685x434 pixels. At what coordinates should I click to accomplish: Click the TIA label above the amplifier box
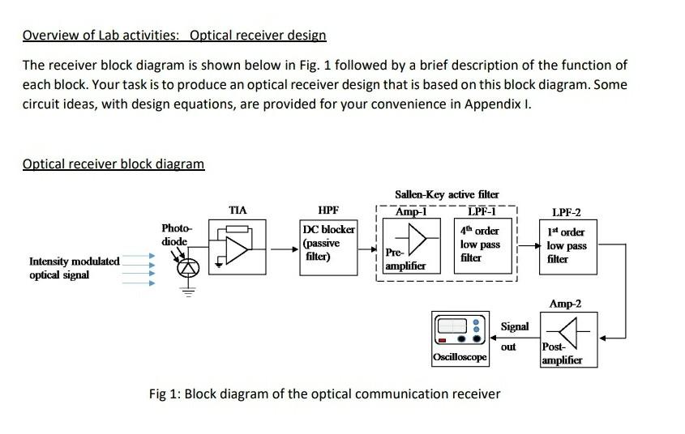(238, 210)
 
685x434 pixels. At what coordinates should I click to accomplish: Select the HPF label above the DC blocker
(328, 210)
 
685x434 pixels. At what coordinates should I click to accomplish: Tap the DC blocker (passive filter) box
(328, 243)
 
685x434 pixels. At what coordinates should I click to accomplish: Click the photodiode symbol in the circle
(188, 268)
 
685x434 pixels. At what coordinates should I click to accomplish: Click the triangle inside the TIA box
(238, 251)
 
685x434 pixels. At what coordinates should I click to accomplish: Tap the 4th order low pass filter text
(480, 244)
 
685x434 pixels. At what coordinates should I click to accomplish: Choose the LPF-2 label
(566, 213)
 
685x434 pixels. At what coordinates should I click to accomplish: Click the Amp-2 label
(565, 304)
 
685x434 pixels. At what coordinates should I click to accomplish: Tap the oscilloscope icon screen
(452, 329)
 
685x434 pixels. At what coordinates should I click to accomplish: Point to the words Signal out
(513, 336)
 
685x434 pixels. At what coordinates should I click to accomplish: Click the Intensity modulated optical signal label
(74, 268)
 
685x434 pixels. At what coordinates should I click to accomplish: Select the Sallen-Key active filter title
(447, 194)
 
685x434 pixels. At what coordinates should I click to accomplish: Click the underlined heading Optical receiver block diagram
(113, 164)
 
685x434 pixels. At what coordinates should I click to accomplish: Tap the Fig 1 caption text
(324, 394)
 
